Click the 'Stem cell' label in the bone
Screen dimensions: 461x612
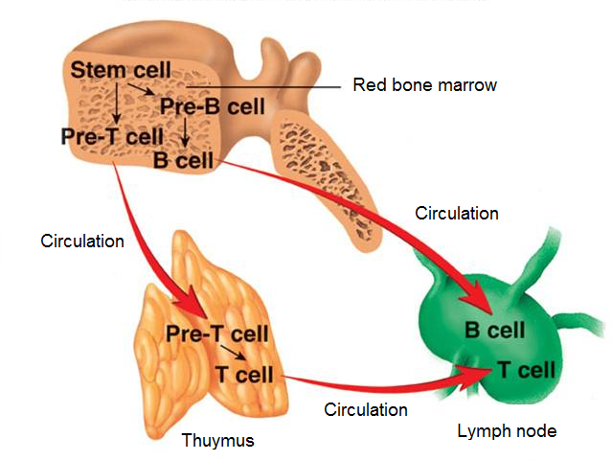(121, 70)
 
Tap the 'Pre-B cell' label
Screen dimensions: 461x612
(212, 105)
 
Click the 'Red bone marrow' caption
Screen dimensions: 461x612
(425, 85)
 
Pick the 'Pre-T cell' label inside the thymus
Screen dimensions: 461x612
(216, 334)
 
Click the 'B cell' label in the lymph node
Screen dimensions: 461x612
(495, 330)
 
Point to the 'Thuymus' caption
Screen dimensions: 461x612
(217, 441)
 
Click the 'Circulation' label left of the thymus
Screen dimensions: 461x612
(82, 241)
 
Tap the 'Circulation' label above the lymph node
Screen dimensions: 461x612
(457, 213)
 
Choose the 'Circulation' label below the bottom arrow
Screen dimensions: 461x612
(366, 410)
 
